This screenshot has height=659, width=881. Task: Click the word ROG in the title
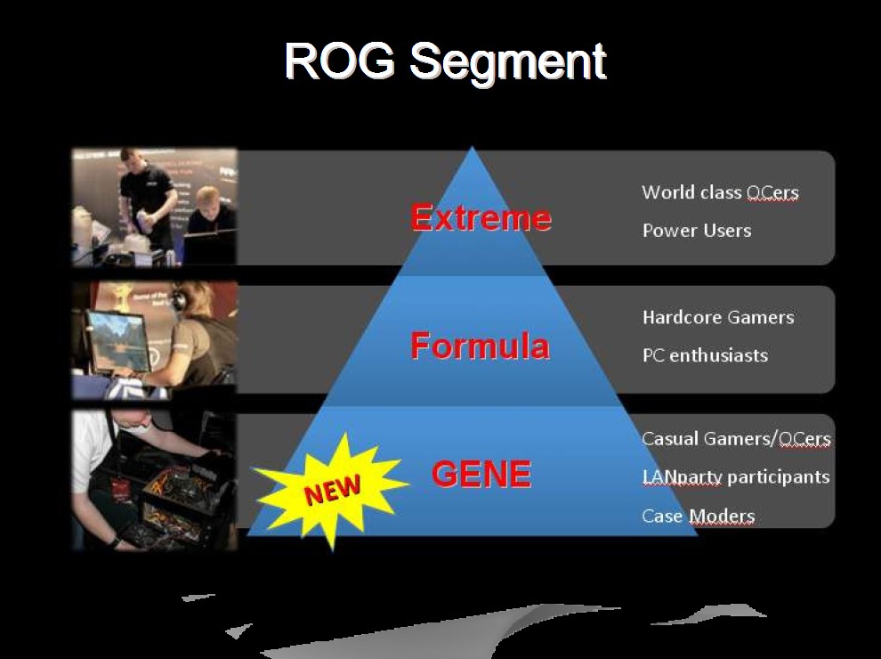[341, 61]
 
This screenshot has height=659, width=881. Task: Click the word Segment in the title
[508, 63]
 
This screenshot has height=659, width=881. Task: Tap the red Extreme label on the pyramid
[481, 217]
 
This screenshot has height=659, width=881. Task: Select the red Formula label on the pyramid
[480, 346]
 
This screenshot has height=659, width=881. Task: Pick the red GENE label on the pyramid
[481, 474]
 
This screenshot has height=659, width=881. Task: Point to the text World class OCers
[720, 192]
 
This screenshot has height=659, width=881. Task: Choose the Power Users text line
[697, 231]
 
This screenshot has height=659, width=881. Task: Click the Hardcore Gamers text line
[718, 317]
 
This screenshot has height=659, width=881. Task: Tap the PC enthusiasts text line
[705, 355]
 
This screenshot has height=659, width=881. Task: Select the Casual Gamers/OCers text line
[736, 438]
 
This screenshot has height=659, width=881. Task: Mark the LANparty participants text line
[736, 477]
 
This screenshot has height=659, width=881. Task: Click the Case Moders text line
[699, 517]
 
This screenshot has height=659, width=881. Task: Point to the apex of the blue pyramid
[472, 147]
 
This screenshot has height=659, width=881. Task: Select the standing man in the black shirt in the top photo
[146, 201]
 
